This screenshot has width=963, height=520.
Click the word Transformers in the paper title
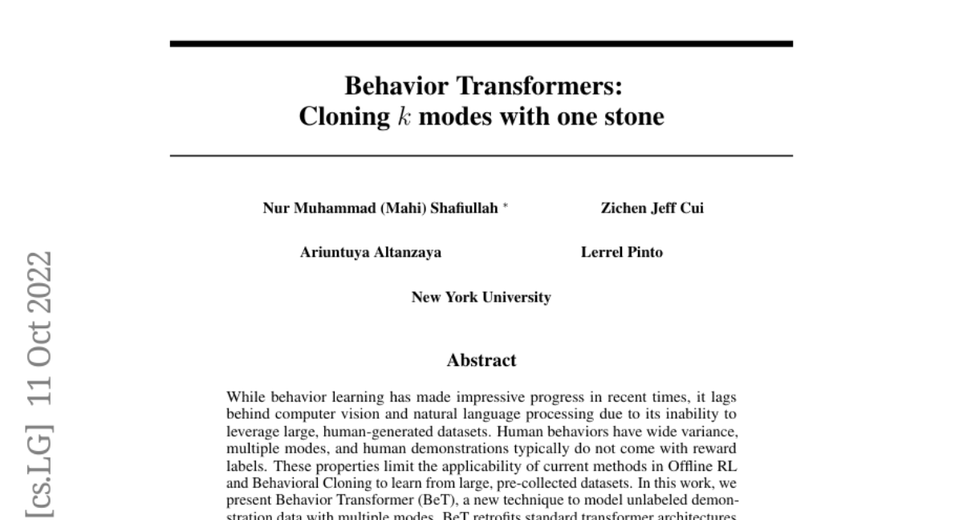pos(539,86)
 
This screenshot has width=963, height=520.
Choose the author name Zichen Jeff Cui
pos(652,209)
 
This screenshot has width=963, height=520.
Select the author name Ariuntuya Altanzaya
pos(370,253)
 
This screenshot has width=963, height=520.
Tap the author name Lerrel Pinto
pos(622,253)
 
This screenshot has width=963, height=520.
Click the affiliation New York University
pos(481,298)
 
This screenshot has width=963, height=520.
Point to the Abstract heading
pos(481,360)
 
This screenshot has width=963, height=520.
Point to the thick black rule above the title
pos(481,43)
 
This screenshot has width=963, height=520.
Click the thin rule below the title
pos(481,156)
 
